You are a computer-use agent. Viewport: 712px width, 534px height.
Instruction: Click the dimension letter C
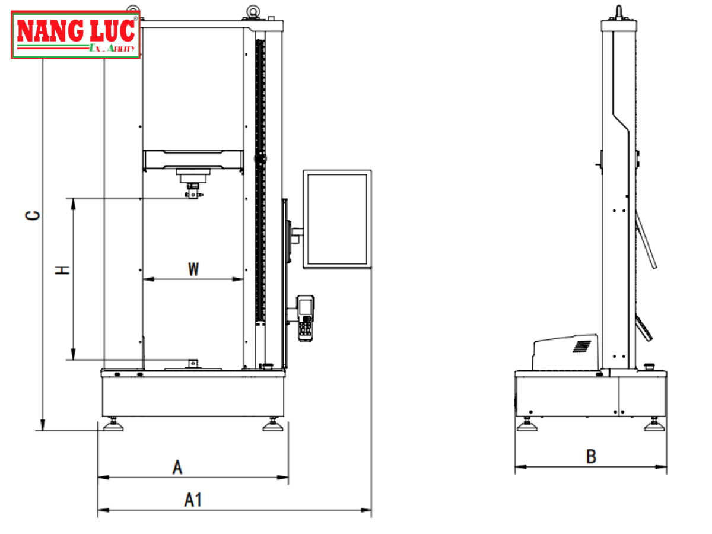click(33, 215)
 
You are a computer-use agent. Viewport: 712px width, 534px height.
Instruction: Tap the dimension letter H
click(62, 270)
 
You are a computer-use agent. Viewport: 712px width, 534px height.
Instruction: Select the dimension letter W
click(193, 269)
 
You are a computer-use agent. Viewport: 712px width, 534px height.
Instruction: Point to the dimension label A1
click(193, 500)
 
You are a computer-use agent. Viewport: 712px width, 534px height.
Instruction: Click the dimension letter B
click(591, 456)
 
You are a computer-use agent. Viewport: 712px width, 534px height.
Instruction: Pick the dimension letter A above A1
click(177, 467)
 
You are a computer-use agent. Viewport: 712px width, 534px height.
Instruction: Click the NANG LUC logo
click(75, 34)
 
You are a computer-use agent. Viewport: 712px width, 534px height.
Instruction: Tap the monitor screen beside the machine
click(337, 219)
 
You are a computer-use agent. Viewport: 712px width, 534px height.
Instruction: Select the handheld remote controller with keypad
click(306, 318)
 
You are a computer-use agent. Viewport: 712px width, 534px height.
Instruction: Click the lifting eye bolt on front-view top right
click(253, 12)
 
